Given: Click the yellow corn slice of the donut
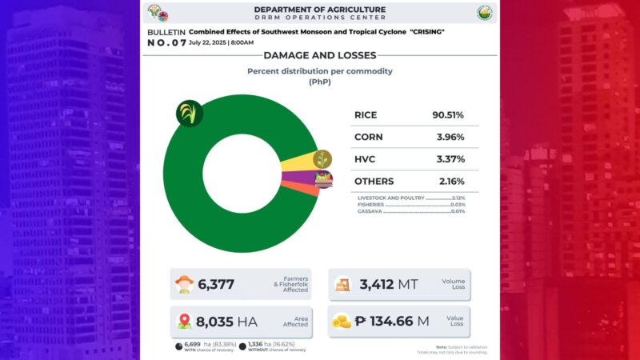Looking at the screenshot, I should point(296,164).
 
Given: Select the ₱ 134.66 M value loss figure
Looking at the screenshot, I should point(392,322).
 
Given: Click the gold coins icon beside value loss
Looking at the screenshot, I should point(342,322).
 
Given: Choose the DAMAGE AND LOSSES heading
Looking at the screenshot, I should point(319,56).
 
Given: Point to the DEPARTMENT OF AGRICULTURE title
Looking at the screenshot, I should point(319,10).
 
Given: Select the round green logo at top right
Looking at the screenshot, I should point(485,13).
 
